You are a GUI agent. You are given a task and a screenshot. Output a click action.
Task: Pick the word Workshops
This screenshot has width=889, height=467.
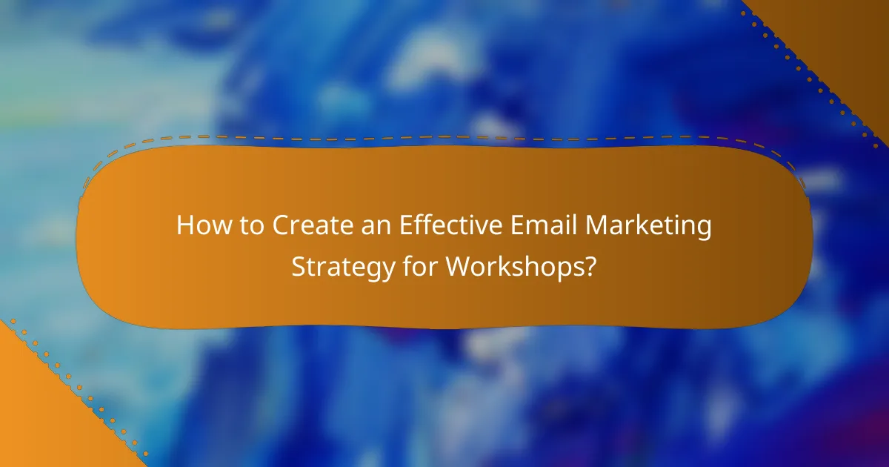click(513, 267)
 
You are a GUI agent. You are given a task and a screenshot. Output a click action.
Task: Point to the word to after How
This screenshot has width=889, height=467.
click(247, 226)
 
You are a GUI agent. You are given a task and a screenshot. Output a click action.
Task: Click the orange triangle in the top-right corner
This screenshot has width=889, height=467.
click(852, 37)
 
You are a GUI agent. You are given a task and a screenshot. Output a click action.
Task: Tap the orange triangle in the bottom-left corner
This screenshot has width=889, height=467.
click(37, 415)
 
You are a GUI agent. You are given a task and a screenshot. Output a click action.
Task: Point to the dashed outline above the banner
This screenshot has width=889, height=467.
click(444, 137)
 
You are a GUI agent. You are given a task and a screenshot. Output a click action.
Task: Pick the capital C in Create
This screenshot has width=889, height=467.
click(281, 226)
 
